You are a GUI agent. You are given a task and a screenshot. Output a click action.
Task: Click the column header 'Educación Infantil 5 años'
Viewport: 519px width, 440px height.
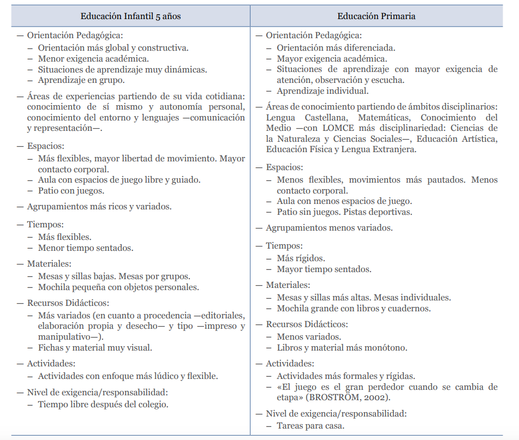(130, 16)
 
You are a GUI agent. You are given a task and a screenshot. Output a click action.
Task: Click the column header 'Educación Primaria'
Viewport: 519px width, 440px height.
(376, 16)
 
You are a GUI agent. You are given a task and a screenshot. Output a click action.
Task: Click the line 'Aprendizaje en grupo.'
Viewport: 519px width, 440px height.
(81, 80)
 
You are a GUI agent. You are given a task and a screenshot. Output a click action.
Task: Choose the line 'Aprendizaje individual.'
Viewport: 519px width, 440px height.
(323, 91)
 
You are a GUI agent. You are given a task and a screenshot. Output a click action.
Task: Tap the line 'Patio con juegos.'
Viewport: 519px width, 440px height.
(71, 191)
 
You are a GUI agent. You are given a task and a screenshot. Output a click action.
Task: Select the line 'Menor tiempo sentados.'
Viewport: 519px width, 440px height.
(86, 248)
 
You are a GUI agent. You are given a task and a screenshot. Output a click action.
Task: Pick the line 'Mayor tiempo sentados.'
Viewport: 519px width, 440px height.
(324, 269)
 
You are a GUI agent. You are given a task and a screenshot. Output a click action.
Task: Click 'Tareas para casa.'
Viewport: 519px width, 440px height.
(311, 426)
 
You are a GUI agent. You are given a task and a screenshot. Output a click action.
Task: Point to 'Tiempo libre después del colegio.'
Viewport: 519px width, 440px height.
(103, 405)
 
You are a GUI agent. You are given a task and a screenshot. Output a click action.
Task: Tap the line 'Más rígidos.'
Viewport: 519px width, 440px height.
(301, 258)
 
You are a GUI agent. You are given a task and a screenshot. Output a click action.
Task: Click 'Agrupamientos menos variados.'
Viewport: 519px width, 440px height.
(329, 228)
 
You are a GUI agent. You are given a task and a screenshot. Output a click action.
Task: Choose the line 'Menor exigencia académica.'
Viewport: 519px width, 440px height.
(93, 58)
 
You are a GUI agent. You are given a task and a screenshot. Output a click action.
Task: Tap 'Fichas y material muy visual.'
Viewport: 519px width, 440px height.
(95, 348)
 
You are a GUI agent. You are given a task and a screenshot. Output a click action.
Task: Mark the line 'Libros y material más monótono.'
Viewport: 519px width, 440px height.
(342, 348)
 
